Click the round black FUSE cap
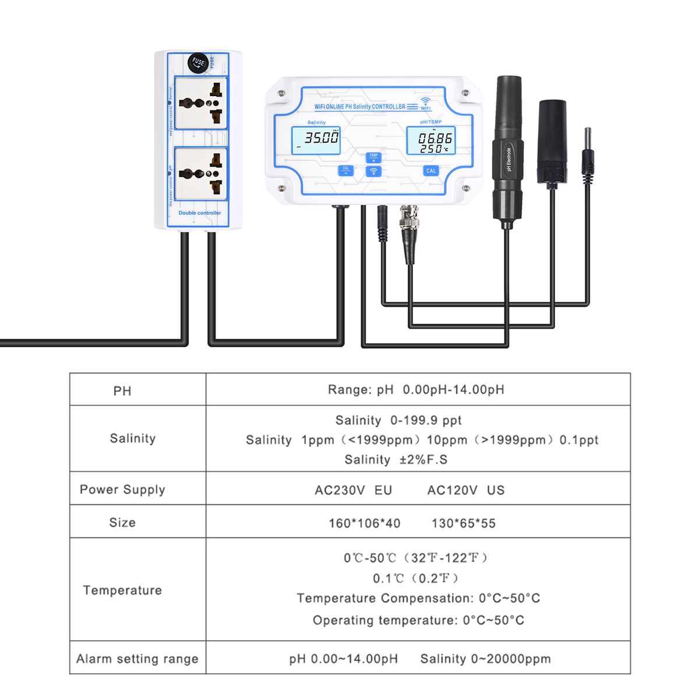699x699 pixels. (x=199, y=62)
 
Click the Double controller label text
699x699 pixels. (x=200, y=213)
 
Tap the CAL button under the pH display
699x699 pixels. (x=430, y=171)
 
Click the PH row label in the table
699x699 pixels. (x=122, y=390)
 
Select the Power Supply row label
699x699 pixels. (x=122, y=489)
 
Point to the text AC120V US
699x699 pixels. (x=465, y=490)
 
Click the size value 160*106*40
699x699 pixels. (x=364, y=523)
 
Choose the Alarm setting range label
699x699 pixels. (x=137, y=659)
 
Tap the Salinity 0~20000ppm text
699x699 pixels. (x=485, y=659)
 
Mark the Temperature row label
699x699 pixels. (x=122, y=590)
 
